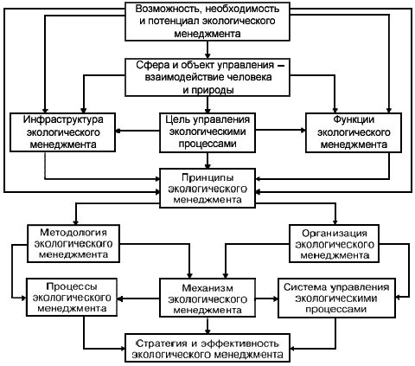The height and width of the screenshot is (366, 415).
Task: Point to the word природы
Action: pos(208,90)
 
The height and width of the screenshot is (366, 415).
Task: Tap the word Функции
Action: pos(354,119)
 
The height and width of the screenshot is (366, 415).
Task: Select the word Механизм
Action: pos(207,288)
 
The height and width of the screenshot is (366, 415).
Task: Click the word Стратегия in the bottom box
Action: pos(162,344)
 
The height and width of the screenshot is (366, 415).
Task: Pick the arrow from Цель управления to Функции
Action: pos(280,131)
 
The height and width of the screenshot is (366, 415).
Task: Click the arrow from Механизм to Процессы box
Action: pos(138,299)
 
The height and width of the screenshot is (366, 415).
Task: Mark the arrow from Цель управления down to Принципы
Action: pos(207,160)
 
